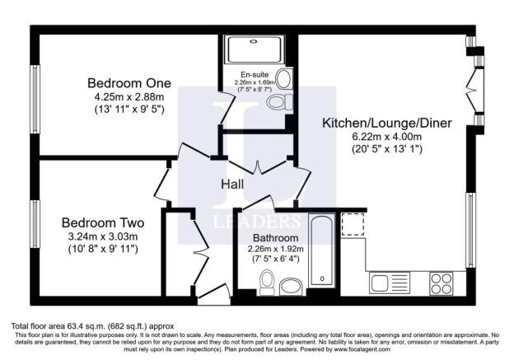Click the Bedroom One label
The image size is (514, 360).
130,82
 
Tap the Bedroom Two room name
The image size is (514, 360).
104,222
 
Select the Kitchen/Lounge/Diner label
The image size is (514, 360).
386,123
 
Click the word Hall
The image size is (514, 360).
231,185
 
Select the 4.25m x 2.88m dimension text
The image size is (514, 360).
130,96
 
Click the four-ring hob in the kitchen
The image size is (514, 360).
442,284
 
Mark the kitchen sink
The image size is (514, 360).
385,284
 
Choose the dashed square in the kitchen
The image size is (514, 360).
353,223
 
